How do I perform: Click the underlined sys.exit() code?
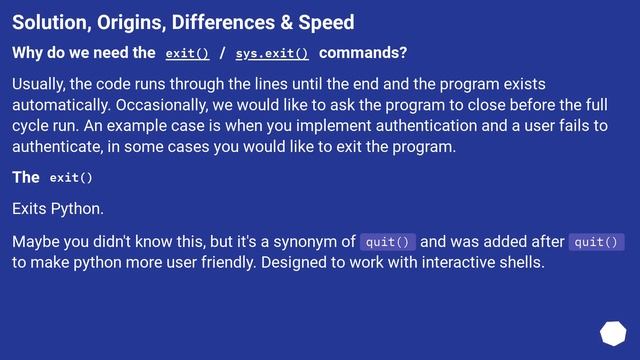pyautogui.click(x=272, y=53)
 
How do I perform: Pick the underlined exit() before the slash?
pyautogui.click(x=187, y=53)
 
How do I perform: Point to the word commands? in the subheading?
pyautogui.click(x=363, y=53)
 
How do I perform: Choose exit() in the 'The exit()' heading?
pyautogui.click(x=71, y=178)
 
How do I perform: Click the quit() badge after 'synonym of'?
pyautogui.click(x=388, y=241)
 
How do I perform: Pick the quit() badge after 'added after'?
pyautogui.click(x=596, y=241)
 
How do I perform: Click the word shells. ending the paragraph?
pyautogui.click(x=517, y=262)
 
